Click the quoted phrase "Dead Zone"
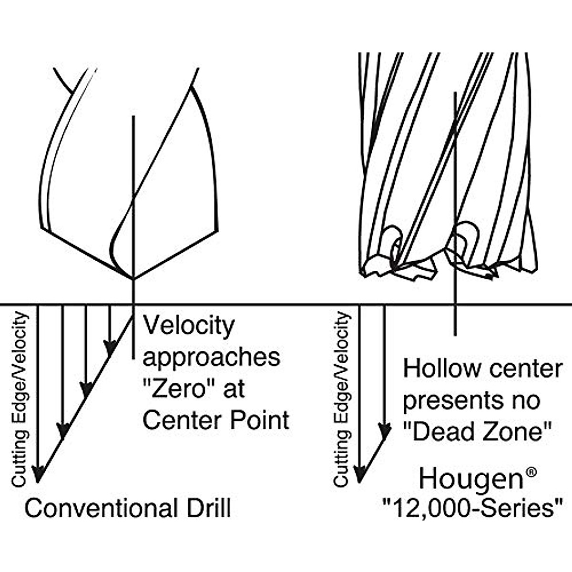pos(477,432)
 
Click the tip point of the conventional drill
pos(133,279)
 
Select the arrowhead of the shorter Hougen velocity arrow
pos(385,432)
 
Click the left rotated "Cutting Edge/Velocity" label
pos(20,399)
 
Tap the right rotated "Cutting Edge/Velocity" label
pos(342,399)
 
